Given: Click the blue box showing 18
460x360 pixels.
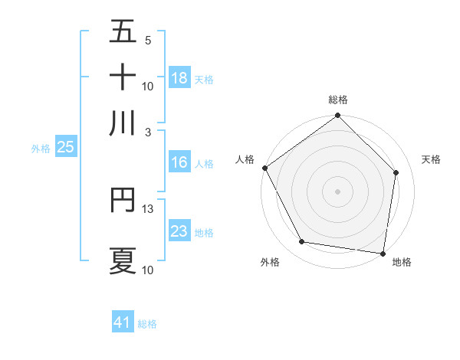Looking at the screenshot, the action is pyautogui.click(x=179, y=78).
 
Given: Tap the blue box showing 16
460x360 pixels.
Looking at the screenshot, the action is pyautogui.click(x=179, y=163).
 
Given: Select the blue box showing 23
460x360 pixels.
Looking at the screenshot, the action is pyautogui.click(x=179, y=231).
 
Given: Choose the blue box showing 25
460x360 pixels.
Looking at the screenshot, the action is pyautogui.click(x=65, y=148).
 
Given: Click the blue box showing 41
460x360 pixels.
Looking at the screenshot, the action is pyautogui.click(x=123, y=322).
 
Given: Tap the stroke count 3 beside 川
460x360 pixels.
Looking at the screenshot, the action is pyautogui.click(x=148, y=132).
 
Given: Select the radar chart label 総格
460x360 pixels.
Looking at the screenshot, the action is pyautogui.click(x=338, y=100).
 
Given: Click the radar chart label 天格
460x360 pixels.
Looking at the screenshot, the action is pyautogui.click(x=431, y=159).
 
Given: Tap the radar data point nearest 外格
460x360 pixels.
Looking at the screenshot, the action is pyautogui.click(x=302, y=242).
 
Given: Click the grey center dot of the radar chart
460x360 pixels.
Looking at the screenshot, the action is pyautogui.click(x=338, y=191).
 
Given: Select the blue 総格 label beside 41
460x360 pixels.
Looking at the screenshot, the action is pyautogui.click(x=147, y=324).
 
